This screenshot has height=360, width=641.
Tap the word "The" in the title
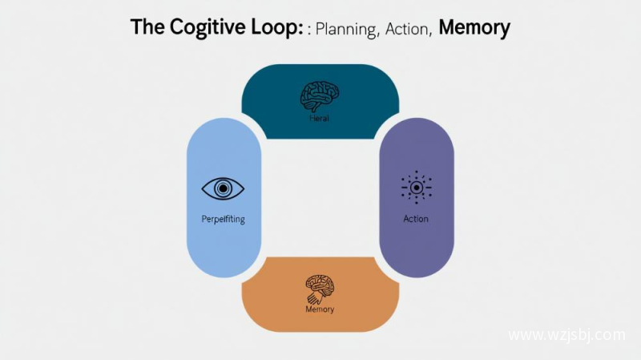pos(148,27)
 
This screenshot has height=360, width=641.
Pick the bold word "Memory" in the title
pos(474,28)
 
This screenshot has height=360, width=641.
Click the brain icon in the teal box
pos(320,95)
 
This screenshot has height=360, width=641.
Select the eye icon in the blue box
pos(223,188)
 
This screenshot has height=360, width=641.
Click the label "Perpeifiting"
pos(224,218)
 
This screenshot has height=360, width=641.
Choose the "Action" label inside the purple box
pos(416,218)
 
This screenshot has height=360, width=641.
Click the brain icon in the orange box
pos(320,287)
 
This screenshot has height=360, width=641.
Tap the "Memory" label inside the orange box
pos(320,309)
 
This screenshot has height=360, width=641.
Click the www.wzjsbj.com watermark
pos(566,334)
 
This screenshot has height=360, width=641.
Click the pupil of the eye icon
pos(223,188)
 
